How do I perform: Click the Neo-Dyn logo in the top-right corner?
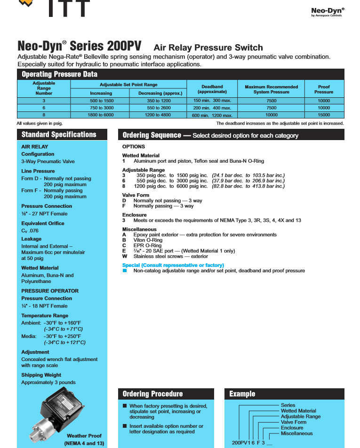coord(328,11)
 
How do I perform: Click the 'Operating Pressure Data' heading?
coord(59,74)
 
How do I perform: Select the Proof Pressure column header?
coord(324,89)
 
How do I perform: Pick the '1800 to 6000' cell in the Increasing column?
coord(101,115)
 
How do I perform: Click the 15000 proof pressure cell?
coord(324,115)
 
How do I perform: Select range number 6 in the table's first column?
coord(44,108)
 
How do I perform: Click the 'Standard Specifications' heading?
coord(59,135)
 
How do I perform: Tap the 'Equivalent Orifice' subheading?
coord(43,223)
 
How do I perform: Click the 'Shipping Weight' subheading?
coord(41,375)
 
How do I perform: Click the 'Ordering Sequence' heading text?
coord(152,135)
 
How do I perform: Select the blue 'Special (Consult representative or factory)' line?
coord(173,266)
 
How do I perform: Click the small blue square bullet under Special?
coord(125,271)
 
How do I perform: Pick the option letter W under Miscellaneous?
coord(124,257)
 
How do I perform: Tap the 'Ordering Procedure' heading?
coord(152,394)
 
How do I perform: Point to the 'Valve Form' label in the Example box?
coord(293,422)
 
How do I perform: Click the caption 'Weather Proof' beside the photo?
coord(84,436)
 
